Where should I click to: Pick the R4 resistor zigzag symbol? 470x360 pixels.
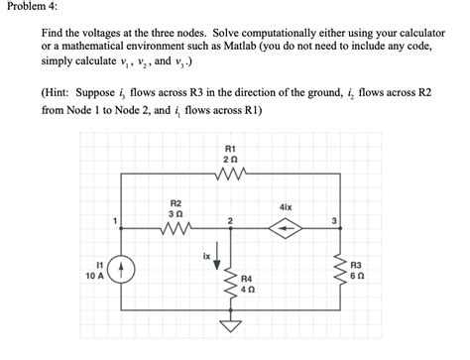(230, 283)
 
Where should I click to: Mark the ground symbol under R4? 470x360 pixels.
(230, 326)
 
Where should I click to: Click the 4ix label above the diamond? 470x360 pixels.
(286, 207)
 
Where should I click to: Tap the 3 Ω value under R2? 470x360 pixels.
(175, 213)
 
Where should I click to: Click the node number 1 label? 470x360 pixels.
(115, 220)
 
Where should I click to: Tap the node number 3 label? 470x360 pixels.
(334, 219)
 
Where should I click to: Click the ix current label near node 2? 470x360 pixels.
(207, 254)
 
